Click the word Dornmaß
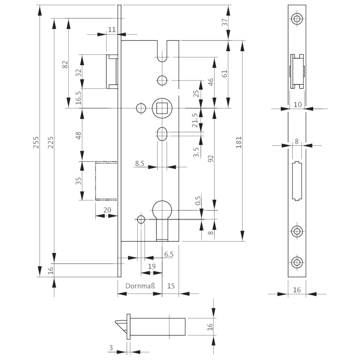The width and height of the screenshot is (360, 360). pos(140,286)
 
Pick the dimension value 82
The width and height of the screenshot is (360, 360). pos(65,64)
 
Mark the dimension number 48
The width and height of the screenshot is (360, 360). pos(79,136)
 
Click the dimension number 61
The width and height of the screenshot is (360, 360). pos(225,74)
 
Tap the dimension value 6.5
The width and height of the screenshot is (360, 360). pos(169,254)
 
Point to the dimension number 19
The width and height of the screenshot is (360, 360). pos(152,266)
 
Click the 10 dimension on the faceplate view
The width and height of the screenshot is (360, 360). pos(297,104)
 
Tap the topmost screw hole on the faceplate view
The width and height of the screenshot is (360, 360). pos(297,19)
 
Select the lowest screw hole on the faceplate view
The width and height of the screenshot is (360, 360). pos(297,262)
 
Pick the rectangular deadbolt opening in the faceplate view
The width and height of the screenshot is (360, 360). pos(297,181)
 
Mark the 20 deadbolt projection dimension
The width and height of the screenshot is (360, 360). pos(107,210)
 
